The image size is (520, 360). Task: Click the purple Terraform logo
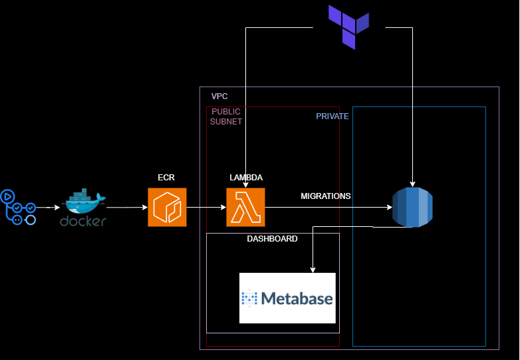[348, 27]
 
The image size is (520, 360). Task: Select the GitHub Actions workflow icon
[18, 207]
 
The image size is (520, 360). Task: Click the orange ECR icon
[167, 208]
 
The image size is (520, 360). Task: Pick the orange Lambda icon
[246, 208]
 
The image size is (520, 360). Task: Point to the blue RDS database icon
[412, 207]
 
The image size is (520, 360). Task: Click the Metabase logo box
[287, 298]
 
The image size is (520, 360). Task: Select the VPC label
[219, 96]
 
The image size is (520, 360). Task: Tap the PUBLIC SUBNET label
[226, 116]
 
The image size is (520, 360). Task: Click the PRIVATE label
[332, 116]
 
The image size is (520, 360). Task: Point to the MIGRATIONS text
[326, 196]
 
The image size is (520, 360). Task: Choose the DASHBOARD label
[272, 239]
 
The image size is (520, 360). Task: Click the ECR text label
[166, 178]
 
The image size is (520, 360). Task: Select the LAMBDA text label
[246, 178]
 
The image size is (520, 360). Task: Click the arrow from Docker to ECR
[127, 208]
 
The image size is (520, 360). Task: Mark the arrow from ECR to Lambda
[206, 208]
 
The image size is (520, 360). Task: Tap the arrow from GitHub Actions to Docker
[48, 208]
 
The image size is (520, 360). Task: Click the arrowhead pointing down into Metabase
[313, 270]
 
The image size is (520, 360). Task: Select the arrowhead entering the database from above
[412, 184]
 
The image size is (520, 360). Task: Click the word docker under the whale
[83, 222]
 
